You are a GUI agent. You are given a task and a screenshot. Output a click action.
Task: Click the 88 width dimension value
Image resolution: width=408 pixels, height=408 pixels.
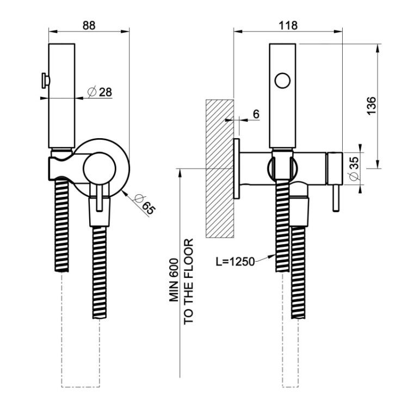[x=89, y=25]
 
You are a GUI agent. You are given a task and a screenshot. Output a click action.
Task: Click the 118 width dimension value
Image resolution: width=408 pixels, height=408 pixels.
[x=288, y=25]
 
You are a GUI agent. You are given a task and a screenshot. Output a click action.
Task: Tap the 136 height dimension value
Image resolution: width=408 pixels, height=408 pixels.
[x=371, y=106]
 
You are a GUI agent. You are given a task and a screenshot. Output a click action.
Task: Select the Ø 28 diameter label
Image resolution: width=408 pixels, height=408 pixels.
[x=100, y=92]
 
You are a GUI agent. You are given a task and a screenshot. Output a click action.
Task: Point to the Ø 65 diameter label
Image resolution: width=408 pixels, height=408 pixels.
[x=145, y=205]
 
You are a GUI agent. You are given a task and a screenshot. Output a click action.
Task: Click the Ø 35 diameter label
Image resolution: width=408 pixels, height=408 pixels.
[x=354, y=168]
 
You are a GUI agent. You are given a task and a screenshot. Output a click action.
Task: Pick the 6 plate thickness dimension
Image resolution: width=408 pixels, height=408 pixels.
[x=256, y=114]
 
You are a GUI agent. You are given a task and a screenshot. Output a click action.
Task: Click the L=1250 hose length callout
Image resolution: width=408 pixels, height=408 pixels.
[x=235, y=262]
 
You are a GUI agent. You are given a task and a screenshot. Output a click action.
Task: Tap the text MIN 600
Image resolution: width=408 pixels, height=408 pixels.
[x=174, y=280]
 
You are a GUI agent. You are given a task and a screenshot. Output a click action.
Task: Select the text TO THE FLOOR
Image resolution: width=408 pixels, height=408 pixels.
[x=188, y=281]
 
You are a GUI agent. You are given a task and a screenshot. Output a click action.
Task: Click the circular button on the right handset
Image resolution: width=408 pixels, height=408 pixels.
[x=282, y=81]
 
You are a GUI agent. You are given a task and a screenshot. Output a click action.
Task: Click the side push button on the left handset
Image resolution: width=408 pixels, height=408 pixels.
[x=45, y=81]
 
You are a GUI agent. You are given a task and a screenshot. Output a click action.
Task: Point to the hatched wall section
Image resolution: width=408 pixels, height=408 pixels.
[x=220, y=169]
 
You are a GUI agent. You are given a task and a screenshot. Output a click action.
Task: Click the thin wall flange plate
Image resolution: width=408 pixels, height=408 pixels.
[x=237, y=169]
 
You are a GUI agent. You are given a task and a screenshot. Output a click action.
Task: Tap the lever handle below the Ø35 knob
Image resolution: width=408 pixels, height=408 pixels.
[x=335, y=198]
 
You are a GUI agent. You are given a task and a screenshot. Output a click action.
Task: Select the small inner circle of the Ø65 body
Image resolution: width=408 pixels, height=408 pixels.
[x=99, y=169]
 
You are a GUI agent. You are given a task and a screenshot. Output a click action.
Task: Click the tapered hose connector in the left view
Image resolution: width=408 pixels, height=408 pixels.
[x=100, y=212]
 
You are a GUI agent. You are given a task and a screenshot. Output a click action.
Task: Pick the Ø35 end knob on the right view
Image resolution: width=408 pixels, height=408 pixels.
[x=335, y=169]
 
